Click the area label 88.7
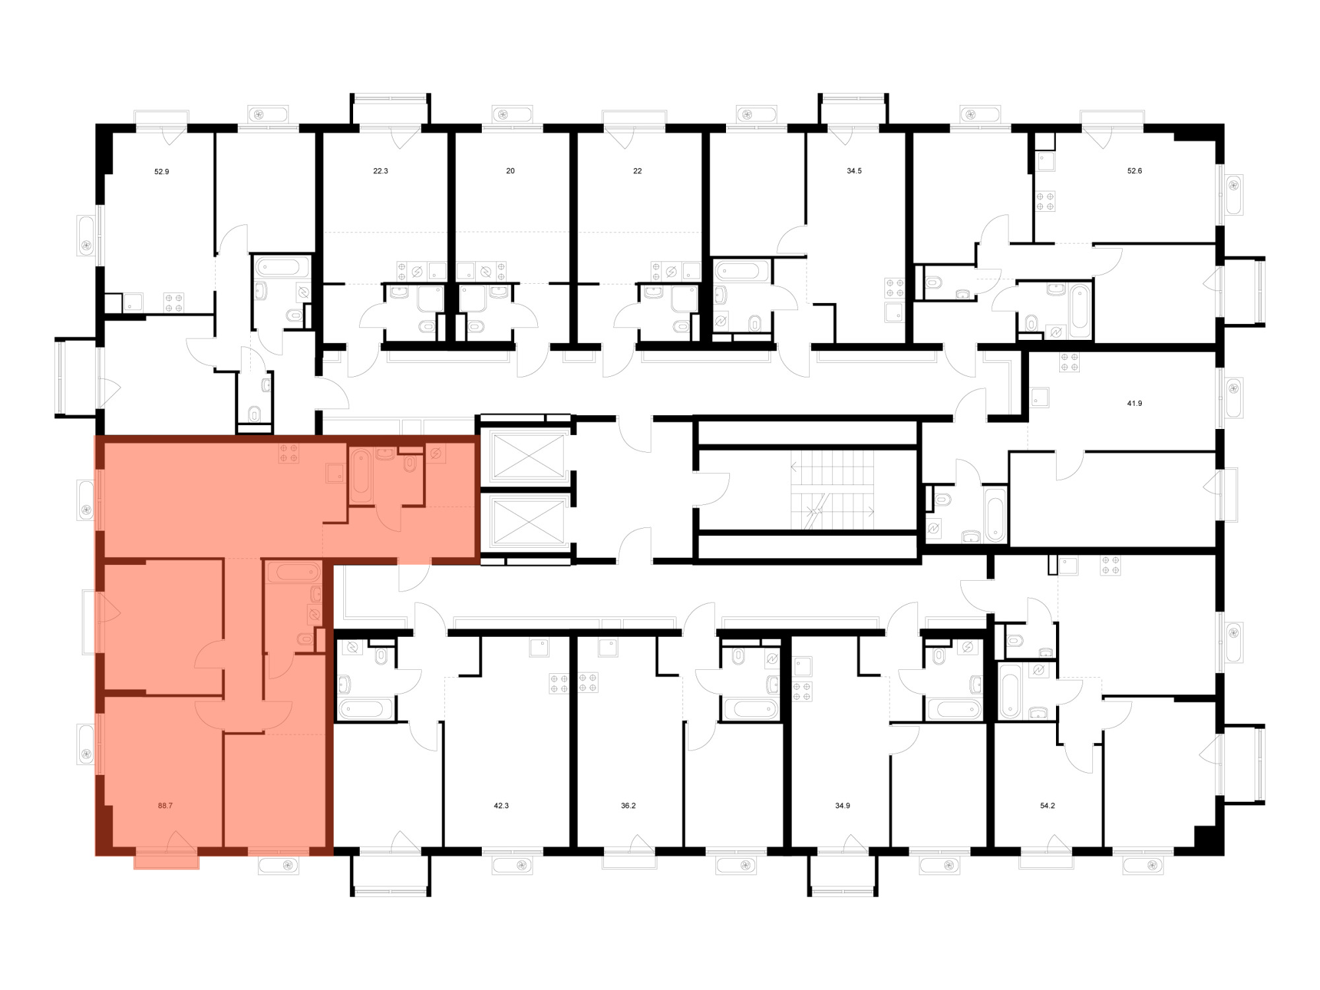tap(165, 805)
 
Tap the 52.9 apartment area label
tap(162, 172)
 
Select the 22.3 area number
tap(381, 171)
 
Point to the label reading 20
tap(510, 171)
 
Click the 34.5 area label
tap(854, 171)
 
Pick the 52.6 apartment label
tap(1135, 171)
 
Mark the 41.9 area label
tap(1135, 403)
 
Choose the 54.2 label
tap(1047, 805)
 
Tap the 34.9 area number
tap(842, 805)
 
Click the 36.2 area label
tap(628, 805)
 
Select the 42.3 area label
tap(501, 805)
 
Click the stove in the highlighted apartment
tap(288, 452)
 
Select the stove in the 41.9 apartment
tap(1069, 362)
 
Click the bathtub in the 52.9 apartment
tap(282, 267)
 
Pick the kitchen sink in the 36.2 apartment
tap(607, 648)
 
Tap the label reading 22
tap(638, 171)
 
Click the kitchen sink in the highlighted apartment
tap(335, 473)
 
